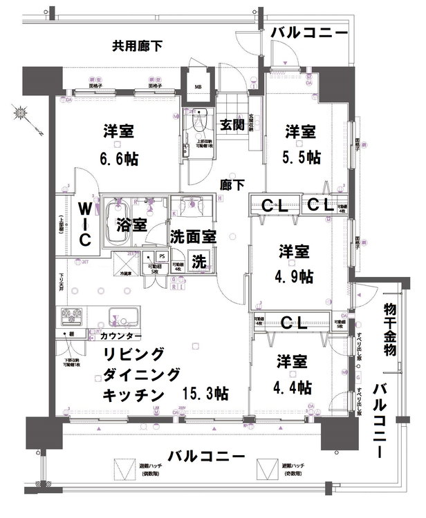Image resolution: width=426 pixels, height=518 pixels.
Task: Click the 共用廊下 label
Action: (138, 47)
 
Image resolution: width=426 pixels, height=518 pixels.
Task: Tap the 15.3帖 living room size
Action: (205, 394)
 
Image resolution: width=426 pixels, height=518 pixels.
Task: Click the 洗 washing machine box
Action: (198, 262)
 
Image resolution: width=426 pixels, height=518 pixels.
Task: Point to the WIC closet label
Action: (84, 224)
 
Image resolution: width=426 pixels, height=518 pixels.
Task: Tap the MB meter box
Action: (198, 86)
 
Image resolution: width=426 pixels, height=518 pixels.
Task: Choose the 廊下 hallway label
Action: (232, 184)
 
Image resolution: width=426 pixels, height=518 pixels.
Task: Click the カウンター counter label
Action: (121, 336)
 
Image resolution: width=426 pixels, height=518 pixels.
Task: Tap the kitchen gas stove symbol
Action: (71, 316)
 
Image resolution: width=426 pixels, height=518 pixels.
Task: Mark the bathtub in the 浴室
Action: (118, 224)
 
